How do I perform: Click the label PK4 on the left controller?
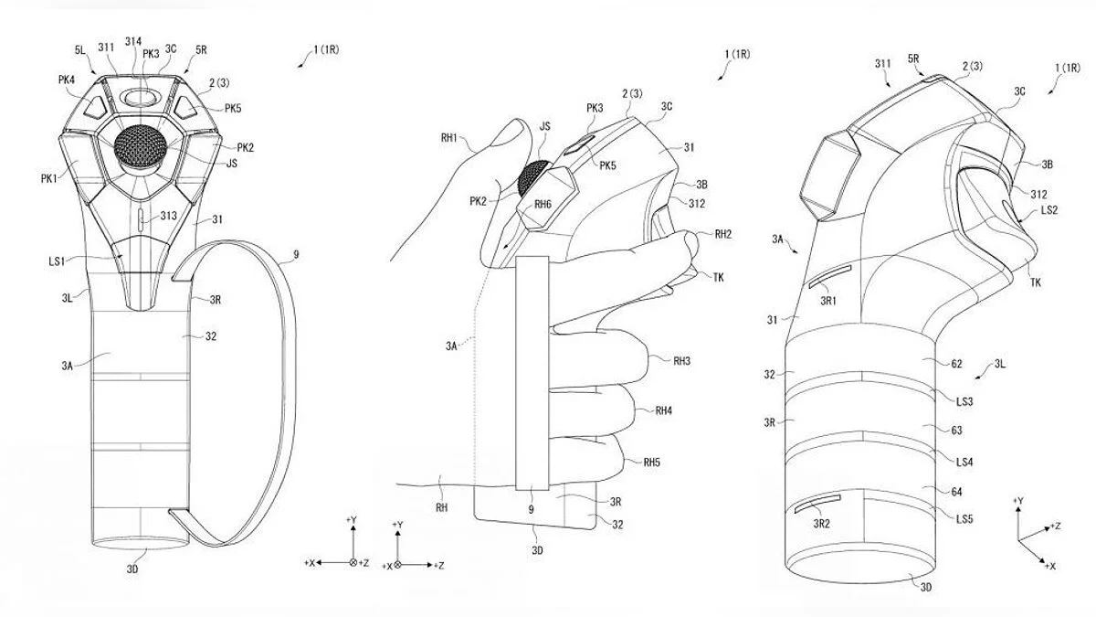click(67, 80)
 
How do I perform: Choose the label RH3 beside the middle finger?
click(681, 361)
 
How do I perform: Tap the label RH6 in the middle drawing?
click(543, 204)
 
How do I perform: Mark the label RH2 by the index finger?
click(723, 234)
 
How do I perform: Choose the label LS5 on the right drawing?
click(964, 519)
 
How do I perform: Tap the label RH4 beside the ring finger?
click(664, 411)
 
